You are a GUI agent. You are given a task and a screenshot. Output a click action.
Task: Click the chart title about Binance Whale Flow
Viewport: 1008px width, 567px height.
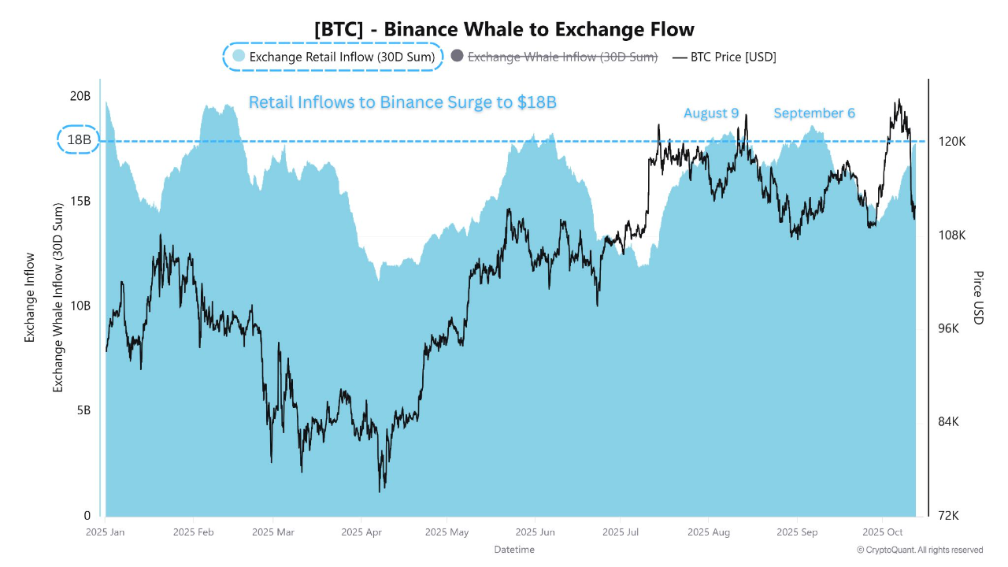click(504, 29)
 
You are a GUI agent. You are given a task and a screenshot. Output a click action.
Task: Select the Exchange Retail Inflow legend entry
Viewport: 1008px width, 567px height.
click(333, 57)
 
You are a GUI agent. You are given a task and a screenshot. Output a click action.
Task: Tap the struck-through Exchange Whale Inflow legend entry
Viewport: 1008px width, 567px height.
click(562, 57)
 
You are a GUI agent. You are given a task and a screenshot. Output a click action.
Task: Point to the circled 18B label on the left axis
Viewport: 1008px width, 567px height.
click(79, 141)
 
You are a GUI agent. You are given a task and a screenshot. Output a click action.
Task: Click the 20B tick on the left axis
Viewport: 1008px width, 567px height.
click(80, 96)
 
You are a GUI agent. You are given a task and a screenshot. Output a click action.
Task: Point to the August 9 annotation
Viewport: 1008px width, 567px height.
click(711, 113)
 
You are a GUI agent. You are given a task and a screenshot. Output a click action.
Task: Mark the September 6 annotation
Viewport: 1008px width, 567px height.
click(813, 113)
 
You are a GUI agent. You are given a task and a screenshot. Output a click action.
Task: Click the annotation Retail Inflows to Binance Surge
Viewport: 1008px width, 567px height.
click(402, 102)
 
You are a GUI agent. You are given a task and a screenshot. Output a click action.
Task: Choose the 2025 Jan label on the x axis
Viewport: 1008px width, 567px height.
click(105, 532)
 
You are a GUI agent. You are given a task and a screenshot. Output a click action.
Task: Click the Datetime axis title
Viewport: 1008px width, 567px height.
click(513, 549)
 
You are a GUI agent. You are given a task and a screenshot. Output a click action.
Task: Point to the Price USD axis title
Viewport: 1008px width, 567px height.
click(978, 298)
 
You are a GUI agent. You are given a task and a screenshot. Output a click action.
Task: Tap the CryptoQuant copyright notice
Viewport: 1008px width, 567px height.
click(919, 550)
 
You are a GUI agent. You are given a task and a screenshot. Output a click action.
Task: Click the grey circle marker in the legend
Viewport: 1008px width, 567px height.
click(457, 56)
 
